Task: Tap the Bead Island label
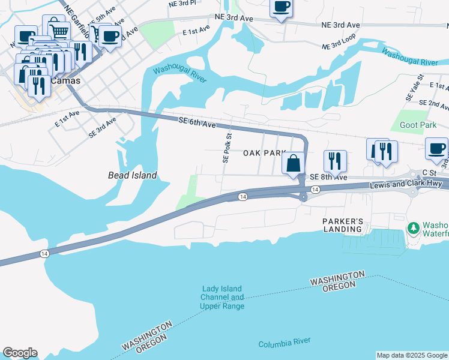(x=132, y=175)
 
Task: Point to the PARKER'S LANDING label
(x=343, y=225)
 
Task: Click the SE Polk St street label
(x=226, y=149)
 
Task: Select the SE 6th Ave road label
(x=197, y=123)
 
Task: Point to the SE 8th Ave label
(x=328, y=178)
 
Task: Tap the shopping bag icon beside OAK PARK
(x=293, y=163)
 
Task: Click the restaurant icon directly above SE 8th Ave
(x=335, y=160)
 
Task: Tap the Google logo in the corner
(x=20, y=353)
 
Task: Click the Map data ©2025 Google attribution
(x=411, y=355)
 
